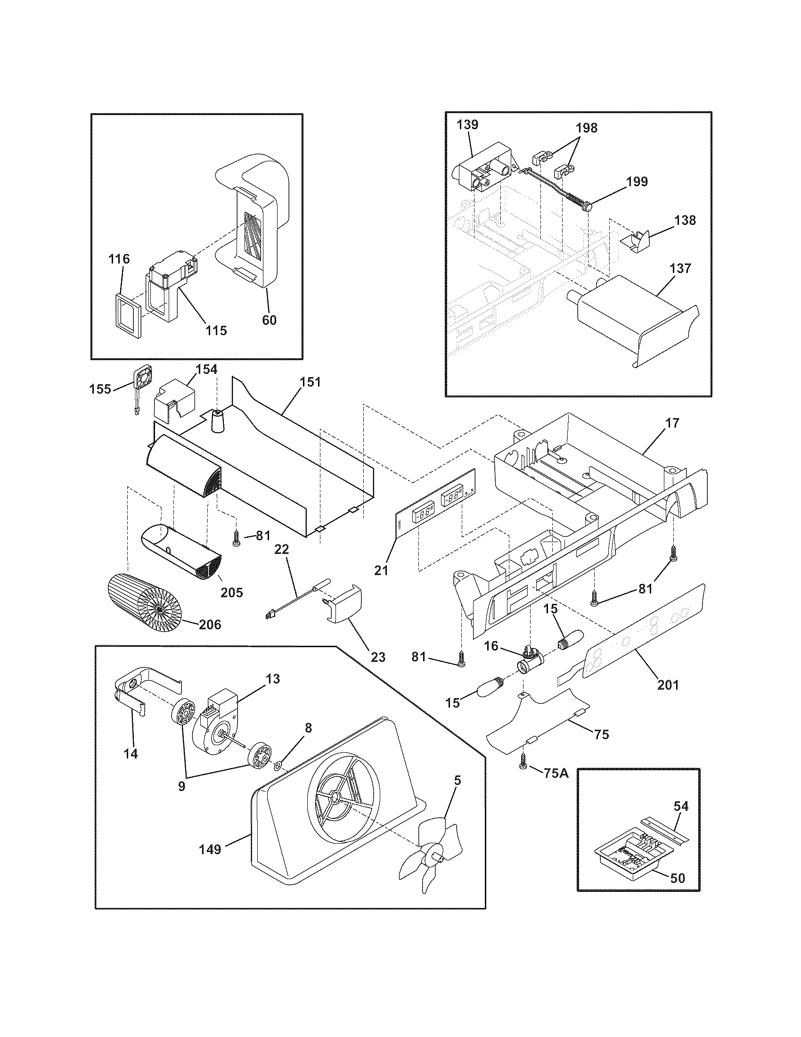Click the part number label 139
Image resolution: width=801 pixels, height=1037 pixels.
pos(467,125)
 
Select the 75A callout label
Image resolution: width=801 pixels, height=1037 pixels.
pos(556,773)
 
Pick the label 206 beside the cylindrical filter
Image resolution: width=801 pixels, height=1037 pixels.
pos(210,624)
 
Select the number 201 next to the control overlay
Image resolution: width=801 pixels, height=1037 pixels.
pos(668,685)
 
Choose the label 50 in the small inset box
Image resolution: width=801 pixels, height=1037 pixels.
pos(678,878)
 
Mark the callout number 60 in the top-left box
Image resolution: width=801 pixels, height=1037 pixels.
pos(269,320)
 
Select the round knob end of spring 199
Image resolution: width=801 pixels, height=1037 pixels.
pos(588,206)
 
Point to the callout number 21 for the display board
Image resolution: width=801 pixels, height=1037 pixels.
pos(381,570)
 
